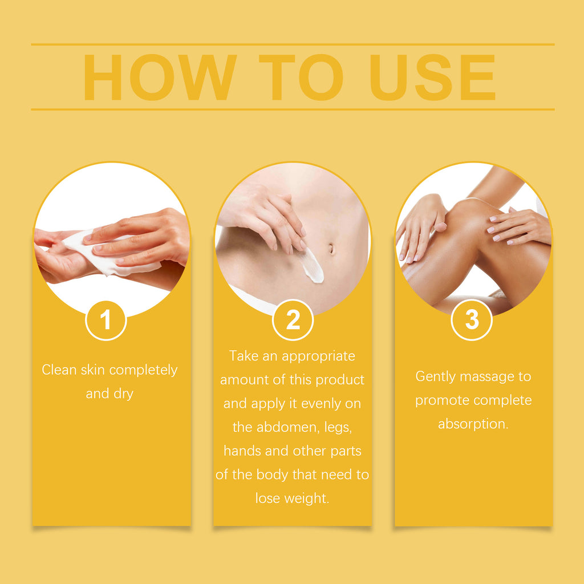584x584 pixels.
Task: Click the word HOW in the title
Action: click(160, 77)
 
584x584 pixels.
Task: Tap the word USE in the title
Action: click(433, 77)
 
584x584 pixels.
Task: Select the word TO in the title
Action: click(301, 77)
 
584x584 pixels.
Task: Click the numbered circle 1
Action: click(106, 321)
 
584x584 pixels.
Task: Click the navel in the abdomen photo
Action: click(331, 249)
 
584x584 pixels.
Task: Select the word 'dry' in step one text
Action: click(123, 394)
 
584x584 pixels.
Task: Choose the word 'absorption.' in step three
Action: click(473, 424)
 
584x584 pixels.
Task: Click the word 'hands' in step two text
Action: click(242, 451)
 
